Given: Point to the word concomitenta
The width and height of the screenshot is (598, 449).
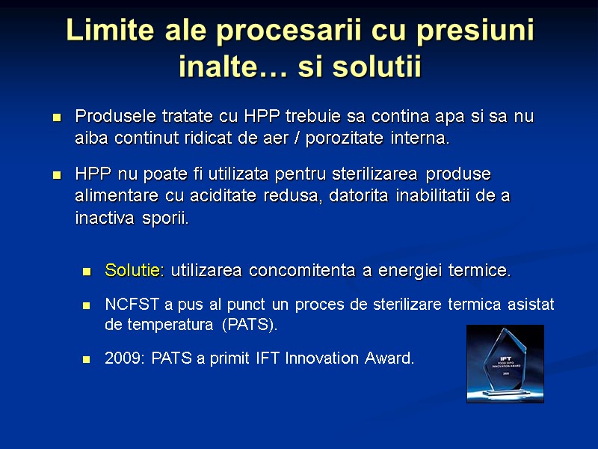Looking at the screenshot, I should coord(303,270).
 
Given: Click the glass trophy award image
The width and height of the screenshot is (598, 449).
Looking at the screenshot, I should coord(505,364).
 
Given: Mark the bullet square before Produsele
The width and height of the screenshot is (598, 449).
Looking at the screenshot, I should coord(56,118).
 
